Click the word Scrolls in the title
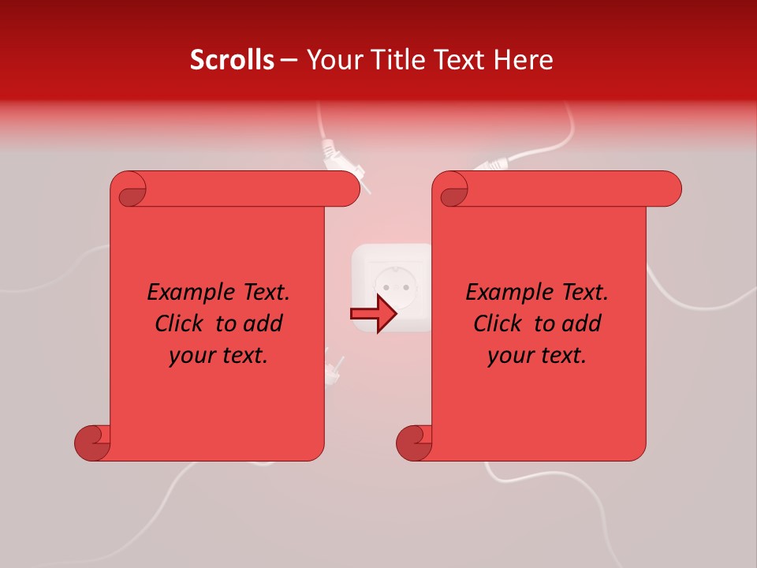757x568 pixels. pos(232,60)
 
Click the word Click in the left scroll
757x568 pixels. pos(181,323)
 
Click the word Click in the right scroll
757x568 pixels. pos(499,323)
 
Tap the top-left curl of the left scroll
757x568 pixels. pos(129,190)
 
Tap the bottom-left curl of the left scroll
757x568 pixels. pos(92,443)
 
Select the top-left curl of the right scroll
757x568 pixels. pos(452,190)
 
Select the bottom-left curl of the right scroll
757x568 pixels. pos(414,443)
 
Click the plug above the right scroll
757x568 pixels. pos(494,164)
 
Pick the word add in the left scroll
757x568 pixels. pos(264,323)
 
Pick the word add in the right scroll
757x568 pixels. pos(583,323)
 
